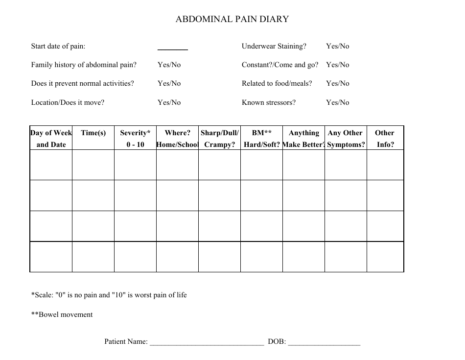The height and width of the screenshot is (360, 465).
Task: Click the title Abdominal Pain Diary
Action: [232, 20]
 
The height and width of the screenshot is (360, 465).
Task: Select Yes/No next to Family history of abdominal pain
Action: [169, 65]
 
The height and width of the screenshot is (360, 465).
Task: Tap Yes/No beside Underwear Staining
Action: [338, 46]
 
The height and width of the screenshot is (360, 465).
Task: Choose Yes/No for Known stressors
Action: [338, 102]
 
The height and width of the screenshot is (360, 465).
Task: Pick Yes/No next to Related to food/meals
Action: [338, 83]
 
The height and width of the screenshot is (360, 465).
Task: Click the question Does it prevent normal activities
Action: [82, 83]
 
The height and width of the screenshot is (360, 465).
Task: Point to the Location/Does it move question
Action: [68, 102]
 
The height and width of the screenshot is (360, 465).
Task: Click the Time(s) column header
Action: [93, 133]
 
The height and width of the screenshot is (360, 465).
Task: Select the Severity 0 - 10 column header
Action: [135, 139]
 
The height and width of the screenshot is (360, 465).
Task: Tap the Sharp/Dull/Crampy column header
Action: [219, 139]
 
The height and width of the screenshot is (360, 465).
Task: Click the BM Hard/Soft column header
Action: [261, 139]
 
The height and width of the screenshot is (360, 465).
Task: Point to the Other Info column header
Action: [385, 139]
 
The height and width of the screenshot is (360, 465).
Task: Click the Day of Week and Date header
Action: [51, 139]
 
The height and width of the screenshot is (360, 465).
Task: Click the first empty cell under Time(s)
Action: [93, 165]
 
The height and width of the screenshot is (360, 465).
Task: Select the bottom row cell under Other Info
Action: [385, 256]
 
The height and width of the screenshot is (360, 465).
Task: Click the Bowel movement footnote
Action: [62, 314]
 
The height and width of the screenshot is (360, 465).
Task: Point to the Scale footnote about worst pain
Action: [109, 295]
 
